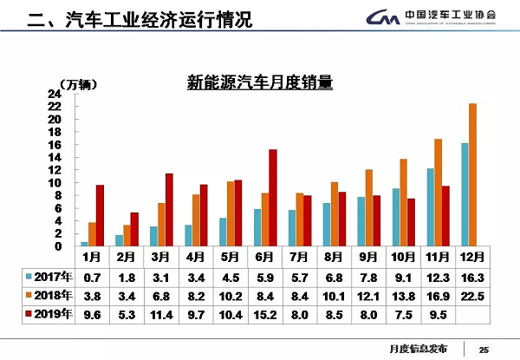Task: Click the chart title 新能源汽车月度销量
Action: tap(261, 83)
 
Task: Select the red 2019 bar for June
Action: tap(273, 198)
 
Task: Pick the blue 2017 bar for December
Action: tap(464, 194)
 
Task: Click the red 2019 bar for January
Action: tap(100, 215)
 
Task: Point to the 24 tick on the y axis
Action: tap(54, 94)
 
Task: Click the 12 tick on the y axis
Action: tap(54, 170)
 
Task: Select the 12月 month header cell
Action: tap(472, 257)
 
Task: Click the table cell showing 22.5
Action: tap(472, 297)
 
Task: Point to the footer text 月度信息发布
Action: tap(418, 349)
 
